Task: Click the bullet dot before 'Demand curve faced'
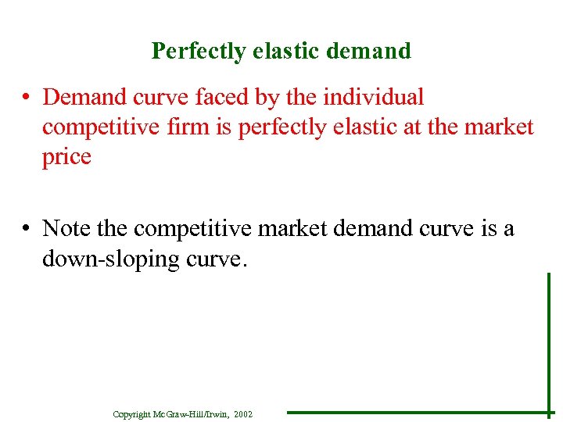[x=27, y=98]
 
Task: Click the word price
[x=66, y=157]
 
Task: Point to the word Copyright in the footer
[x=131, y=414]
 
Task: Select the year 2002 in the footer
[x=242, y=414]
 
